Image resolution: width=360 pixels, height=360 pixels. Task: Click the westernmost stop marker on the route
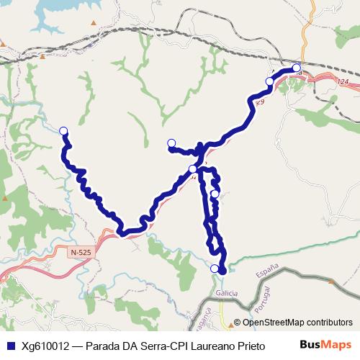tap(63, 130)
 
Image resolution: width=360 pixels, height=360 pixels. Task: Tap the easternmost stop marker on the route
tap(297, 68)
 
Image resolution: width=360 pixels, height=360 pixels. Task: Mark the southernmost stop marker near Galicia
tap(215, 269)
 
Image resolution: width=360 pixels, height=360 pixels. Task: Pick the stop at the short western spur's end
tap(171, 142)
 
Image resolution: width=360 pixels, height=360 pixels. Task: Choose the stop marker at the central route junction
tap(192, 169)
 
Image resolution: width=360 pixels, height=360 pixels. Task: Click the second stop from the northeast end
tap(270, 81)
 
